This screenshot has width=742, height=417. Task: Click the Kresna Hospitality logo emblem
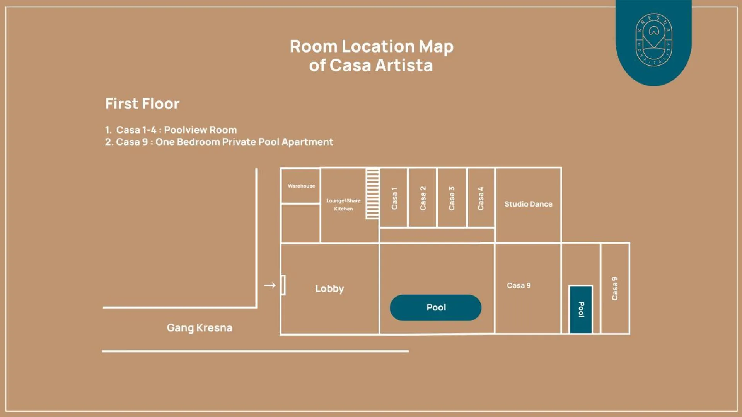pos(653,40)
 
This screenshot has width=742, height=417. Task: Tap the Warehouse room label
pos(301,186)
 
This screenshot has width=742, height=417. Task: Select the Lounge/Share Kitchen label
pos(343,205)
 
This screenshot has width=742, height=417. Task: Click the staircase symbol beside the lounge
pos(372,194)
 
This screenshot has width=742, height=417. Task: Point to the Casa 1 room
pos(394,198)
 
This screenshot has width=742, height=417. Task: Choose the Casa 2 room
pos(423,198)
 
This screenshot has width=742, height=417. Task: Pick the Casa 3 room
pos(451,198)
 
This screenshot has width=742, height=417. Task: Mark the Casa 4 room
pos(481,198)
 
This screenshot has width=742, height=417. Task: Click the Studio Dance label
pos(528,204)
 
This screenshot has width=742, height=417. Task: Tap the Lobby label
pos(329,289)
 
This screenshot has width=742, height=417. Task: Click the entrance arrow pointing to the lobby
pos(270,285)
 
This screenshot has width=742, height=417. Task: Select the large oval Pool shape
pos(436,307)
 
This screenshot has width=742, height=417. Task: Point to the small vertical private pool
pos(581,309)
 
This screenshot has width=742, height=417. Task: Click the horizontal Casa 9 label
pos(519,285)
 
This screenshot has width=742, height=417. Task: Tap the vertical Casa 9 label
pos(614,288)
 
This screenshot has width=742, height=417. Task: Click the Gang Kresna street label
pos(200,328)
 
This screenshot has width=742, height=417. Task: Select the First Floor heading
pos(142,103)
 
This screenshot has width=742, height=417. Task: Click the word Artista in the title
pos(404,65)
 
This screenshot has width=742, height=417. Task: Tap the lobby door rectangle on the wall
pos(283,285)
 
